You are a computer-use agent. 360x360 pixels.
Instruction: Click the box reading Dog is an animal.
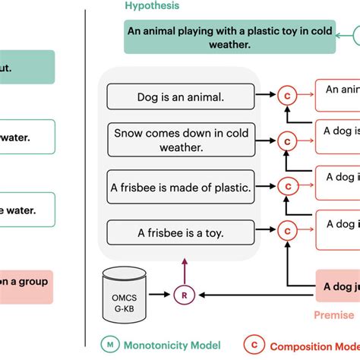[x=179, y=97]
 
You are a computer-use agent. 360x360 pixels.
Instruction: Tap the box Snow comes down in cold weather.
[x=179, y=141]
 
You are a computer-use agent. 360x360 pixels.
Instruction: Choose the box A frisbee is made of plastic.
[x=179, y=187]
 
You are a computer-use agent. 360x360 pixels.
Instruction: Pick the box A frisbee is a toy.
[x=179, y=231]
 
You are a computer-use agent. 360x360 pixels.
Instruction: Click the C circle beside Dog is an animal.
[x=286, y=96]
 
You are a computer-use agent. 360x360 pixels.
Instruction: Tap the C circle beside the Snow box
[x=286, y=141]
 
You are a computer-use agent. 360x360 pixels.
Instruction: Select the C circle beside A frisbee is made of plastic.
[x=286, y=186]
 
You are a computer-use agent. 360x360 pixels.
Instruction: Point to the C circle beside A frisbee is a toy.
[x=286, y=230]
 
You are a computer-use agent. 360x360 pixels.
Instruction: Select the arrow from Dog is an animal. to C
[x=266, y=96]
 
